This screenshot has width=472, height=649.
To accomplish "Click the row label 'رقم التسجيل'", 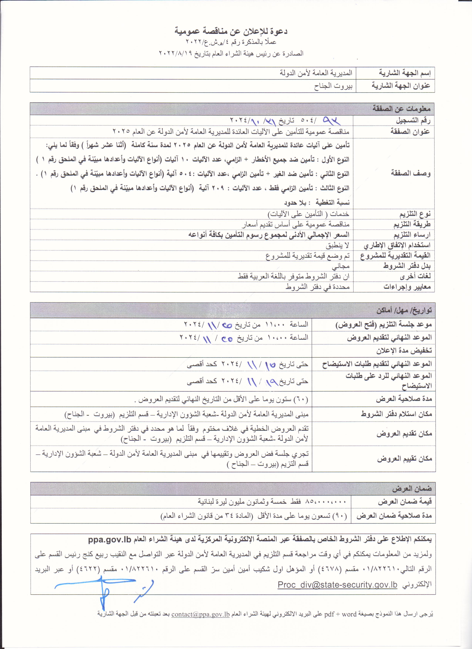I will coord(413,120).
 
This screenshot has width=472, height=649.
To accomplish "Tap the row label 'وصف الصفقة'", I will coord(411,173).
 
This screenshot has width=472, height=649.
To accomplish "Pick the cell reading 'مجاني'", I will coord(341,266).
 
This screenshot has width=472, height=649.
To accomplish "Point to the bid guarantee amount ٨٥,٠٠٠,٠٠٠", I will coord(326,502).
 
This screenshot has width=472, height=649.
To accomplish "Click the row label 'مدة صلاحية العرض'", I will coord(404,399).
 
